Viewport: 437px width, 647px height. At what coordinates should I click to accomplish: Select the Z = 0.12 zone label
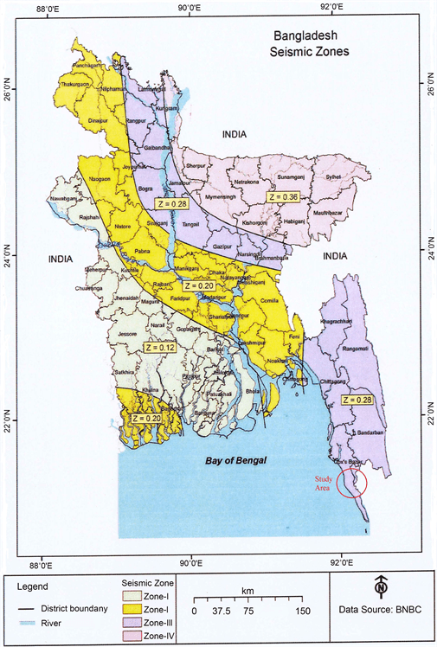pos(135,347)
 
